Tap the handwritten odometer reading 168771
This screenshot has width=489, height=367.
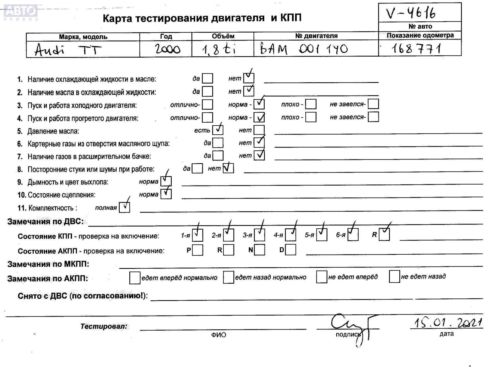[416, 48]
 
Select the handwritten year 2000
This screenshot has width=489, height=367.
[167, 49]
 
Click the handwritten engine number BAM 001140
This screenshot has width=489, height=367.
[304, 49]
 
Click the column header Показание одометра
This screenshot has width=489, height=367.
[420, 35]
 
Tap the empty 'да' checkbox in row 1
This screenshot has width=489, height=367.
[207, 78]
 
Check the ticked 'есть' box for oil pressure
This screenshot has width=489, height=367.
[218, 130]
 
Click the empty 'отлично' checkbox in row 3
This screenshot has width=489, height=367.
[208, 104]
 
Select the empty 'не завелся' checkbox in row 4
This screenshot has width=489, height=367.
[373, 117]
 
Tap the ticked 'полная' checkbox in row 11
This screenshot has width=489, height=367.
[125, 207]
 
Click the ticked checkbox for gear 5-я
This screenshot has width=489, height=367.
[321, 234]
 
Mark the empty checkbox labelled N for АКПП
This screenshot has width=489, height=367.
[259, 250]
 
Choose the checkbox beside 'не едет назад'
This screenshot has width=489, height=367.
[394, 277]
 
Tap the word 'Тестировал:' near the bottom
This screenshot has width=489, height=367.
[104, 326]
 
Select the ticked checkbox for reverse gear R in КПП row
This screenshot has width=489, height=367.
[384, 234]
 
